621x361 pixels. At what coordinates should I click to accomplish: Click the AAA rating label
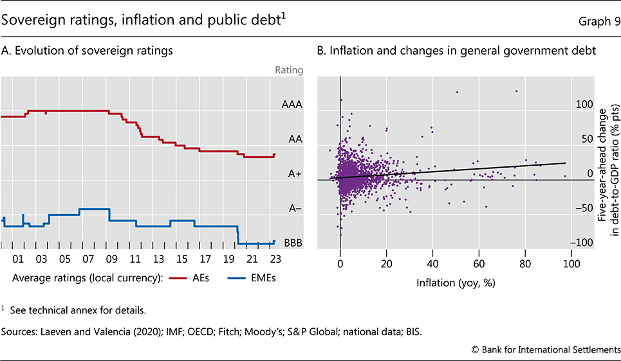tap(292, 103)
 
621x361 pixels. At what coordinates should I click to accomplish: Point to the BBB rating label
tap(293, 243)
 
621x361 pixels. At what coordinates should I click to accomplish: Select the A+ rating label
tap(293, 173)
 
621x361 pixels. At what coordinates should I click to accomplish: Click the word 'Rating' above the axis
tap(288, 70)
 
